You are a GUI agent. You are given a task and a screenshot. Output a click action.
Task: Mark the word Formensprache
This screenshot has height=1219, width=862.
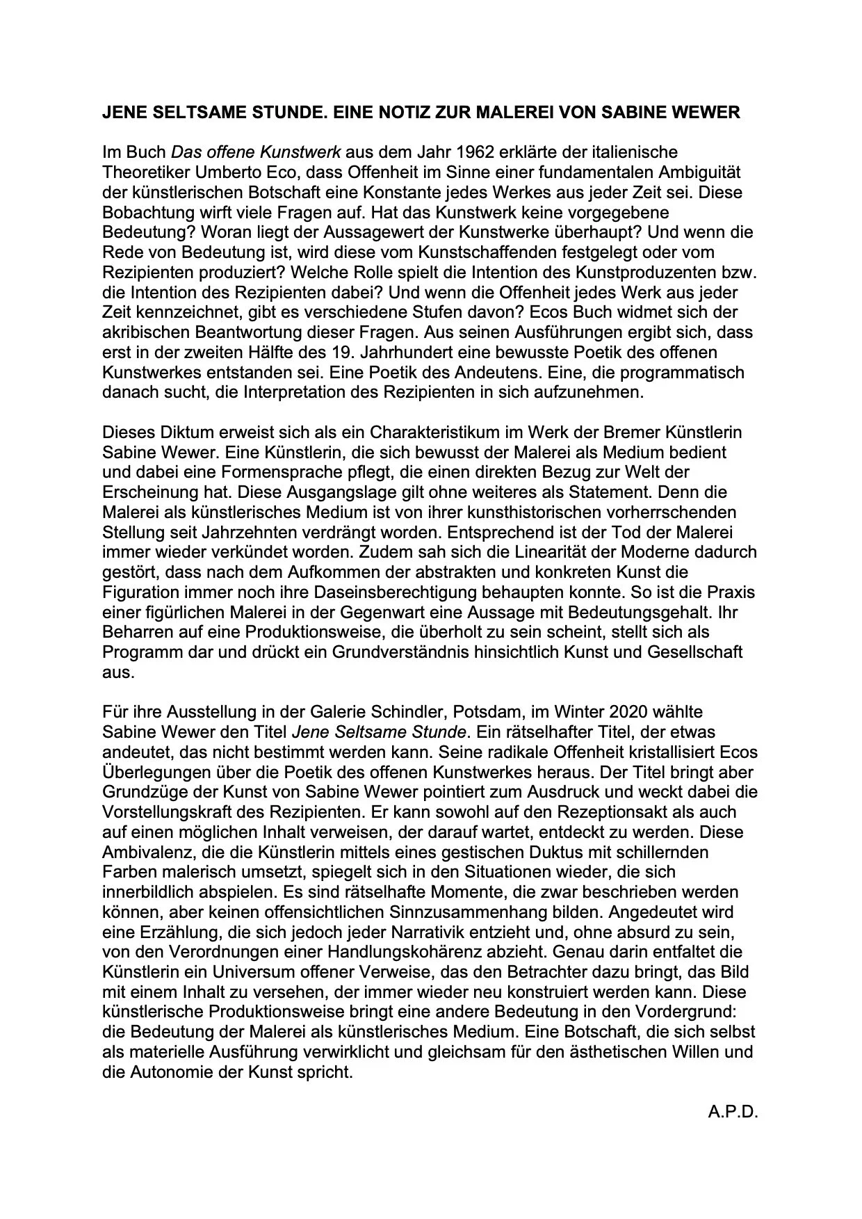[x=293, y=472]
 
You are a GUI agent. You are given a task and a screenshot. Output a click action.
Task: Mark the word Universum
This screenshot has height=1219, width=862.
[x=263, y=971]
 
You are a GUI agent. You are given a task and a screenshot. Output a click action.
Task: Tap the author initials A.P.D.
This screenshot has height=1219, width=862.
[x=733, y=1112]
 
